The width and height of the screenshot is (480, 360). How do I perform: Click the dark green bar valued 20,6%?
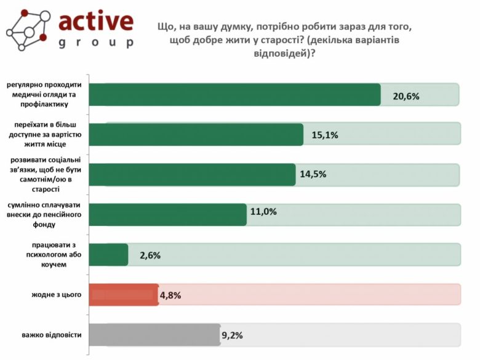coord(235,95)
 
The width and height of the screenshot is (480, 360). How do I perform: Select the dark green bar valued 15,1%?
coord(196,134)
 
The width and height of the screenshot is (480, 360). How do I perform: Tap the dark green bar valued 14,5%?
coord(193,174)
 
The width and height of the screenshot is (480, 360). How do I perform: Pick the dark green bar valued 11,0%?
coord(168,214)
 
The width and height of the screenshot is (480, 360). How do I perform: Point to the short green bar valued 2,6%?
coord(109,255)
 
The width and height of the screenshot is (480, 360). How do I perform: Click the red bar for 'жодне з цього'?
coord(124,295)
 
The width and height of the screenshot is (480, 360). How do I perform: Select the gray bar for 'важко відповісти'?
coord(154,335)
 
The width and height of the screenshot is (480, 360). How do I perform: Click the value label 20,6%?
coord(406,96)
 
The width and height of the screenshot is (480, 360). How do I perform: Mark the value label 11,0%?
coord(263,212)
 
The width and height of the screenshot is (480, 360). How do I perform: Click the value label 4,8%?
coord(170,295)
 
